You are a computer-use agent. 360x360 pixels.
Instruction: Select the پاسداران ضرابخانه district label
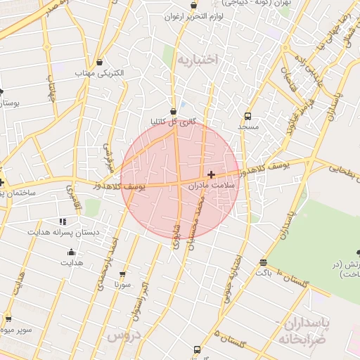click(311, 331)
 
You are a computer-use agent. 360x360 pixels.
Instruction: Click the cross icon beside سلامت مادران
click(211, 174)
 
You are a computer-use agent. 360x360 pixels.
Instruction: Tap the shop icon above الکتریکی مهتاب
click(98, 62)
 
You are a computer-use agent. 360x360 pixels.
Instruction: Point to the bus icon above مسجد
click(247, 116)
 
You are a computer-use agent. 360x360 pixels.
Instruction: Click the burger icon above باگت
click(263, 262)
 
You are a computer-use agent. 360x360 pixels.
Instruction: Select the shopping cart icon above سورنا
click(123, 274)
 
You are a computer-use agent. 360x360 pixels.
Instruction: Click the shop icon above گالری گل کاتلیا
click(173, 111)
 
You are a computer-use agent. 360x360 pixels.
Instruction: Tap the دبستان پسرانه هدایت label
click(64, 232)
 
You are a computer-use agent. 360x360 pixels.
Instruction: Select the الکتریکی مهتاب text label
click(99, 72)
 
